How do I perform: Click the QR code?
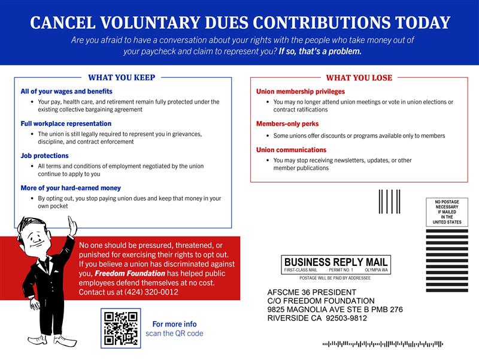tap(120, 328)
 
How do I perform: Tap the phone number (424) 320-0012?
tap(154, 292)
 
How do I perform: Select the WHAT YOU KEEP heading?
tap(122, 77)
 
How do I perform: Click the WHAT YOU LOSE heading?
tap(359, 78)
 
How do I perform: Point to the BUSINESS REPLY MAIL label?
tap(336, 262)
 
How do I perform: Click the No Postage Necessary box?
tap(447, 212)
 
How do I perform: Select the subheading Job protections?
tap(44, 156)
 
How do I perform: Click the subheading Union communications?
tap(291, 150)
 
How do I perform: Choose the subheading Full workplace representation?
tap(66, 123)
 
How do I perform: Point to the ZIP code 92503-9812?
tap(345, 318)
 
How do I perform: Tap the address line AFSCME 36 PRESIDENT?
tap(312, 292)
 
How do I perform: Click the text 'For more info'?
tap(174, 324)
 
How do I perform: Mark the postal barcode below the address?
tap(383, 344)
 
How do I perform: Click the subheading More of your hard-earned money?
tap(71, 188)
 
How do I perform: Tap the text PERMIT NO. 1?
tap(341, 271)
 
